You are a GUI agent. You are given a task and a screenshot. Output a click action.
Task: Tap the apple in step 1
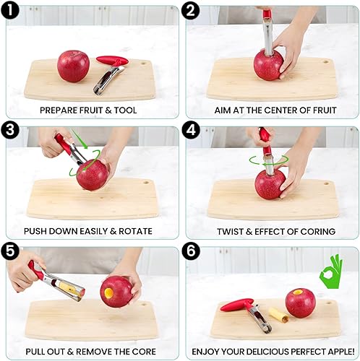(x=72, y=66)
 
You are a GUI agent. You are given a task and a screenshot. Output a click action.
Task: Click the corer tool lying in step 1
(x=108, y=74)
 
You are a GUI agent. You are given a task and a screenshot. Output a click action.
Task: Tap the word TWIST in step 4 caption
(x=233, y=231)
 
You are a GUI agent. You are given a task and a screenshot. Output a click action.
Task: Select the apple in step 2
(x=268, y=64)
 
